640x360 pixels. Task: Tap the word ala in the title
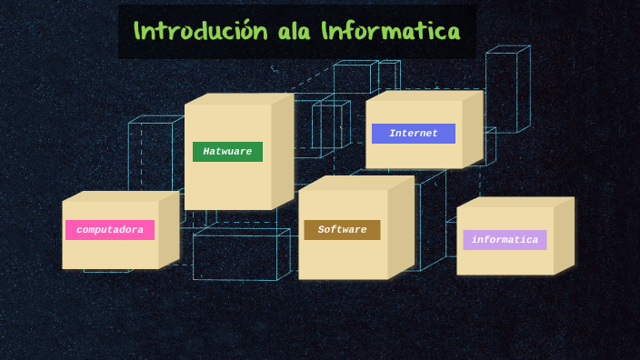pyautogui.click(x=295, y=31)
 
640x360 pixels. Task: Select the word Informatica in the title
pyautogui.click(x=390, y=31)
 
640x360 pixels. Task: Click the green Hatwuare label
pyautogui.click(x=227, y=152)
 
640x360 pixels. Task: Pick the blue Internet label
pyautogui.click(x=414, y=134)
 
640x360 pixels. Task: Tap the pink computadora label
pyautogui.click(x=110, y=230)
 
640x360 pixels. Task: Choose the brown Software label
pyautogui.click(x=342, y=230)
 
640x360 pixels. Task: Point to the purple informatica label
pyautogui.click(x=505, y=240)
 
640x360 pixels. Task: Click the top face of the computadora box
pyautogui.click(x=121, y=195)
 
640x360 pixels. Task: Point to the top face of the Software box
pyautogui.click(x=356, y=183)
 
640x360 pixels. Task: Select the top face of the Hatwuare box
pyautogui.click(x=238, y=98)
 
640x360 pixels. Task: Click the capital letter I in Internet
pyautogui.click(x=392, y=134)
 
